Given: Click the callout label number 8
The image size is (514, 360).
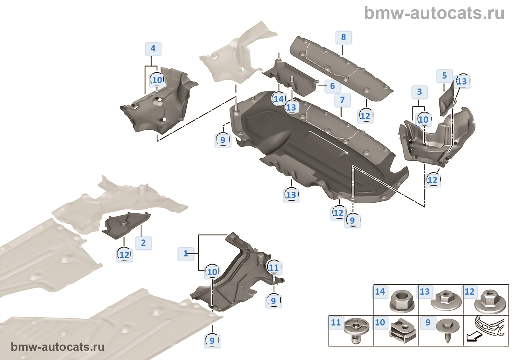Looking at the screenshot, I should (343, 37).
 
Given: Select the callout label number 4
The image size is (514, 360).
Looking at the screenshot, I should (153, 48).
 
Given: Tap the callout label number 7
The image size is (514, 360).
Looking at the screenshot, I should (342, 100).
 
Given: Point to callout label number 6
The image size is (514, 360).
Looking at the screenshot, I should (332, 86).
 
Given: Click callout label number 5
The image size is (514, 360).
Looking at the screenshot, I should (444, 76).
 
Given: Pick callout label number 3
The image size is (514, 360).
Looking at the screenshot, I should (419, 92).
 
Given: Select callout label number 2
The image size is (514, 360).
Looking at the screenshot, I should (143, 243).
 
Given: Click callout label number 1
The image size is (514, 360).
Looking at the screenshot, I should (186, 253).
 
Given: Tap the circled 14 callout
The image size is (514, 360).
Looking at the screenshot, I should (279, 99).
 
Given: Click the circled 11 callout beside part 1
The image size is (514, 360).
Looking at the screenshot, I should (274, 267).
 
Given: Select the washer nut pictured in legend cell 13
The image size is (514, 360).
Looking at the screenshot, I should (445, 301).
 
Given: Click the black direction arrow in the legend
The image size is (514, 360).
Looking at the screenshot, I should (474, 336).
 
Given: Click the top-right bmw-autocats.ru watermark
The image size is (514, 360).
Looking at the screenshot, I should (434, 13).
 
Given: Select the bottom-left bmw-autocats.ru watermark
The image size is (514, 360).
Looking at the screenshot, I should (58, 347).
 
